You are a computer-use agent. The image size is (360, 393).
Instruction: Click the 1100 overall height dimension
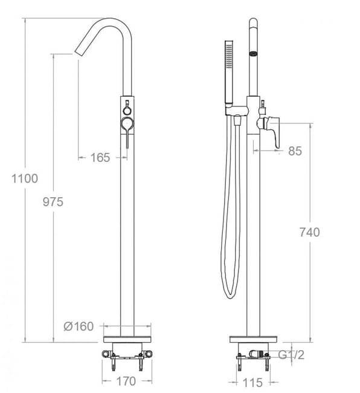(24, 178)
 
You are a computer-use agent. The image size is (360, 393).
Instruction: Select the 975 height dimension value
(53, 201)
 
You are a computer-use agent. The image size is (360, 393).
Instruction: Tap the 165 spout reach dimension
(100, 158)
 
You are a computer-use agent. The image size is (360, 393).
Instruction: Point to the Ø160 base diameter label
(79, 326)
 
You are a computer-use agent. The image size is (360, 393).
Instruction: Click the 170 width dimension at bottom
(126, 381)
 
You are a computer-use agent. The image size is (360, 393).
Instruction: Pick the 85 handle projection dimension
(295, 151)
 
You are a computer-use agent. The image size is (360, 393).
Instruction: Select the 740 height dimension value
(309, 232)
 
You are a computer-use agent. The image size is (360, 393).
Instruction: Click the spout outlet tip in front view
(79, 49)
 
